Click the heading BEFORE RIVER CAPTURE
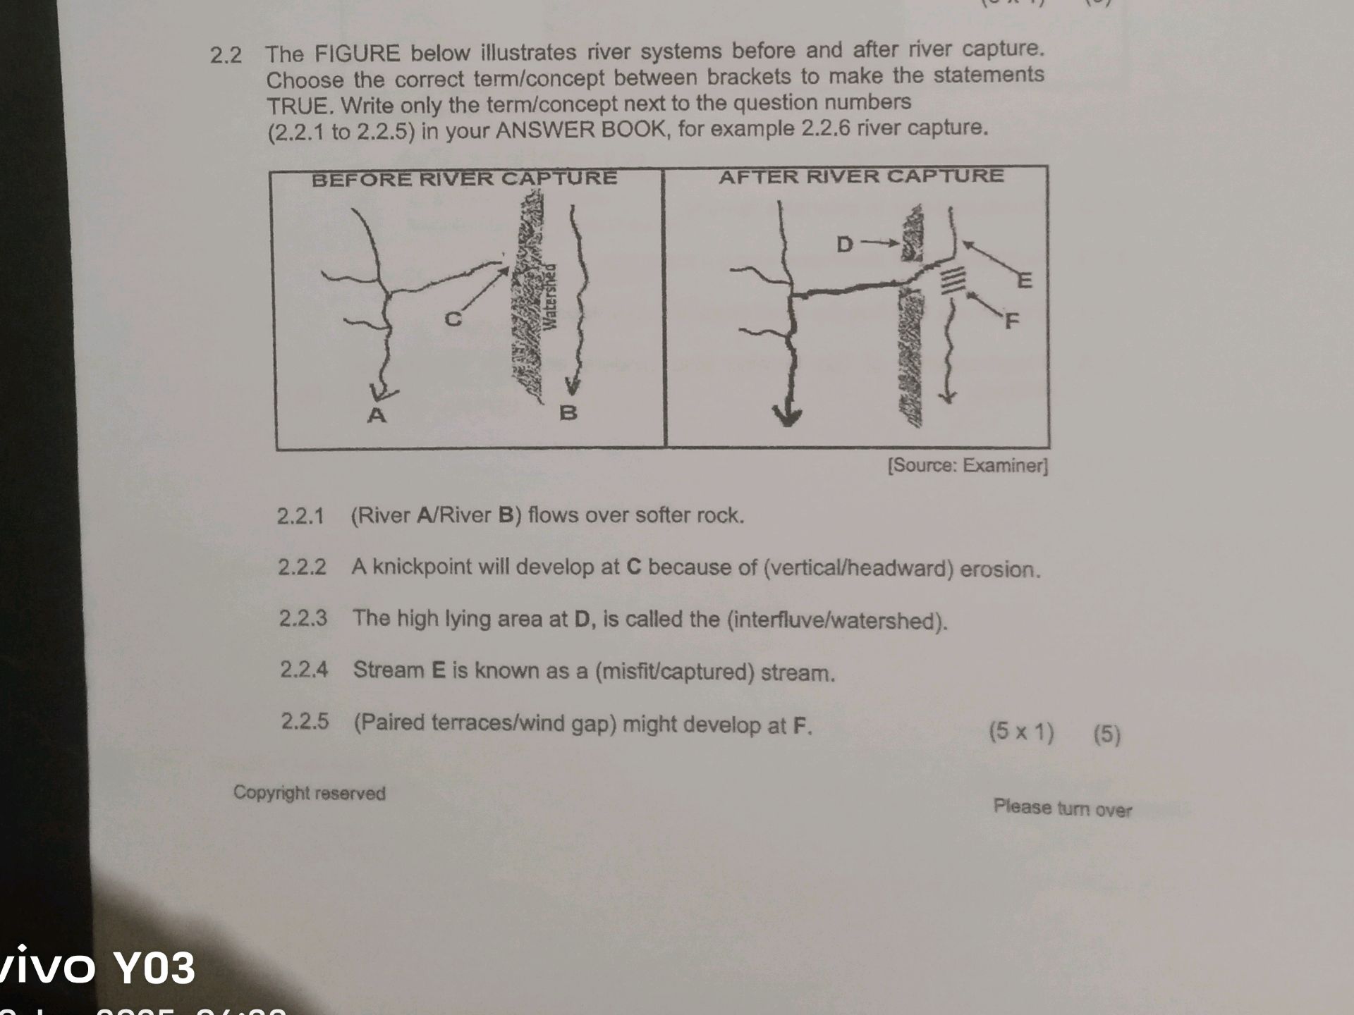pyautogui.click(x=464, y=178)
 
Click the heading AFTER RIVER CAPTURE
pyautogui.click(x=861, y=176)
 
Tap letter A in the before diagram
pyautogui.click(x=377, y=415)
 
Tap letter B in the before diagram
pyautogui.click(x=568, y=412)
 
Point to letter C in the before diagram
pyautogui.click(x=453, y=319)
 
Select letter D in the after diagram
pyautogui.click(x=844, y=245)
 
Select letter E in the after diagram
pyautogui.click(x=1024, y=281)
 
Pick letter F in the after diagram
pyautogui.click(x=1012, y=321)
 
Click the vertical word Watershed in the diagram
pyautogui.click(x=551, y=296)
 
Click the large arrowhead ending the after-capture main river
pyautogui.click(x=787, y=415)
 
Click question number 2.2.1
pyautogui.click(x=300, y=516)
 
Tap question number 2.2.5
pyautogui.click(x=305, y=721)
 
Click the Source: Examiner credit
pyautogui.click(x=968, y=466)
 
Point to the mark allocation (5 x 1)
pyautogui.click(x=1021, y=732)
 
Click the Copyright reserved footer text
pyautogui.click(x=310, y=793)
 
